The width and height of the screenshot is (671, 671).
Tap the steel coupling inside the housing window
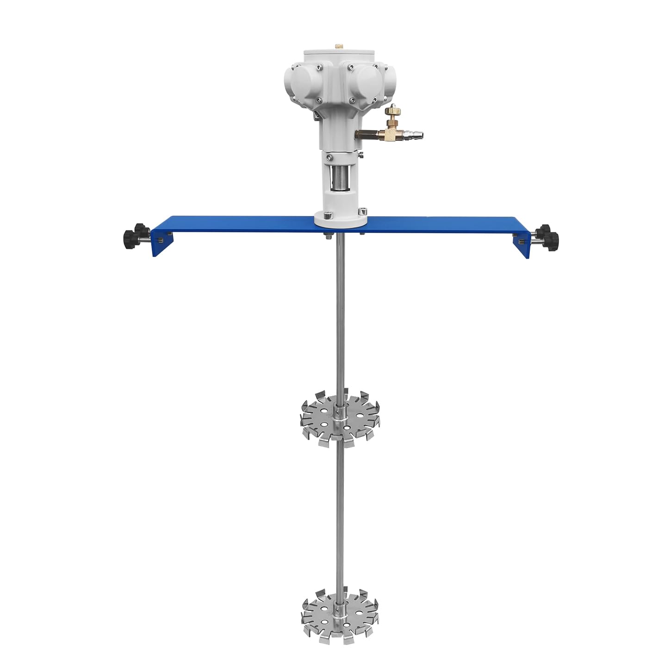pyautogui.click(x=341, y=178)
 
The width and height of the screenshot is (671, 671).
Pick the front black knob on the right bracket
pyautogui.click(x=551, y=239)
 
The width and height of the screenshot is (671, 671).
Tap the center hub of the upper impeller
pyautogui.click(x=340, y=412)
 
